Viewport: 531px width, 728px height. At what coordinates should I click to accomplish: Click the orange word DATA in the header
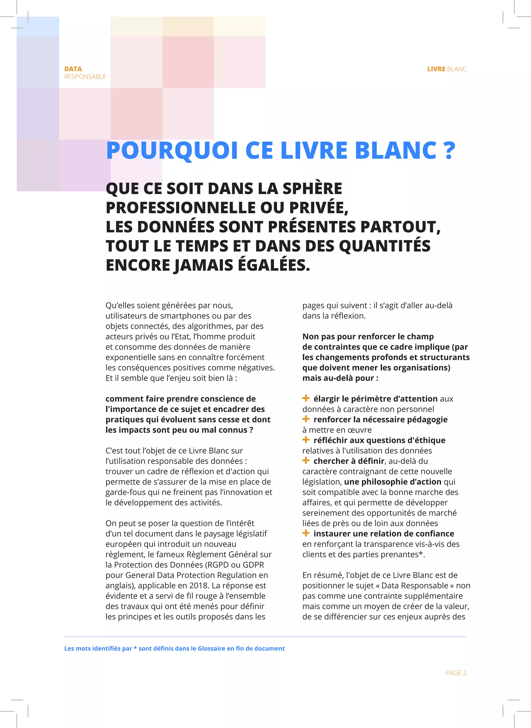pyautogui.click(x=73, y=69)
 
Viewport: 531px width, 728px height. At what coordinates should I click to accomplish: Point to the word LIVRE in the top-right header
pyautogui.click(x=436, y=69)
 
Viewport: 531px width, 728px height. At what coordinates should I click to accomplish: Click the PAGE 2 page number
pyautogui.click(x=456, y=673)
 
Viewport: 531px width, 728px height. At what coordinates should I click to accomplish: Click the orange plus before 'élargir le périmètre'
pyautogui.click(x=306, y=398)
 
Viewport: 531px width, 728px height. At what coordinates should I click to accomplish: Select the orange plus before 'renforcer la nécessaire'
pyautogui.click(x=306, y=419)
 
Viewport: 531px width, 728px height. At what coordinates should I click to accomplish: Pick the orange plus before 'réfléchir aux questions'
pyautogui.click(x=306, y=440)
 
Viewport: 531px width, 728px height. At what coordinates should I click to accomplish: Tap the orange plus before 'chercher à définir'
pyautogui.click(x=306, y=460)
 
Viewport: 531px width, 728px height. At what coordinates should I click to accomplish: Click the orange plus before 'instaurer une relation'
pyautogui.click(x=306, y=533)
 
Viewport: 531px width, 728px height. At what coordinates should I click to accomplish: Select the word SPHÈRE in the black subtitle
pyautogui.click(x=312, y=189)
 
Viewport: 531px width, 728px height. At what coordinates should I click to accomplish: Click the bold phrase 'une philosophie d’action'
pyautogui.click(x=393, y=481)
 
